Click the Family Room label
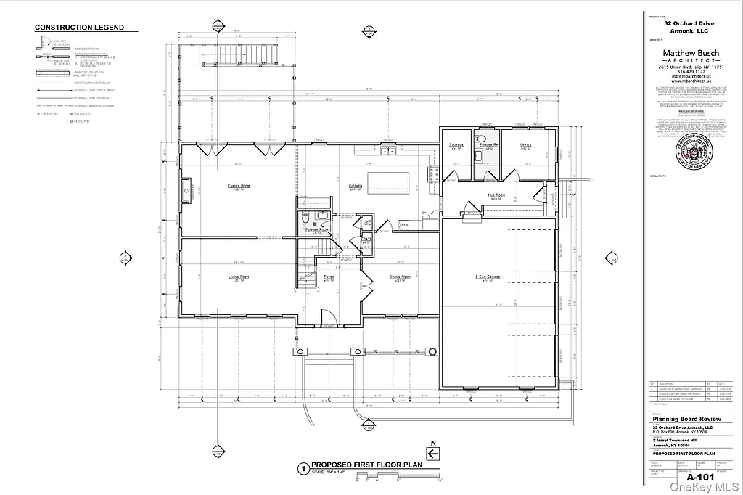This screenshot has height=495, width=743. pos(239,186)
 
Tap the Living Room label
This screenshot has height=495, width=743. pos(239,277)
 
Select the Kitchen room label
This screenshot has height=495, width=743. pos(356,186)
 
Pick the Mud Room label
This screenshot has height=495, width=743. pos(497,195)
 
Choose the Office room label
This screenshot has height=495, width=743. pos(526,145)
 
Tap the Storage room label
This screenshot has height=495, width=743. pos(456,145)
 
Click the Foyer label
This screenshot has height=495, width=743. pos(329,277)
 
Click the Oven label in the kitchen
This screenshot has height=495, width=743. pos(403,225)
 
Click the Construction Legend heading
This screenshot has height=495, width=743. pos(80,28)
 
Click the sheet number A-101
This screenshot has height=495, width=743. pos(700,477)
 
